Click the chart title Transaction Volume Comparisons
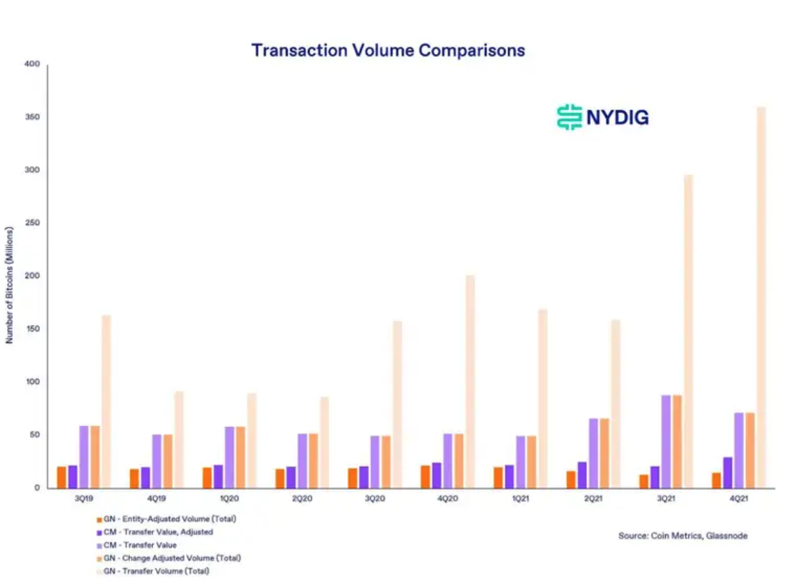click(388, 51)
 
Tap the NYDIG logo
click(602, 118)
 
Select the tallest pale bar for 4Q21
click(762, 297)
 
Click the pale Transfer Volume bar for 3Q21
click(688, 332)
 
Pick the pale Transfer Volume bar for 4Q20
click(470, 382)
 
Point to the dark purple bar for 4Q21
click(728, 472)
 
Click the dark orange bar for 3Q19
click(61, 478)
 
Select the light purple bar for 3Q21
click(666, 441)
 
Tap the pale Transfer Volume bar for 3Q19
click(106, 402)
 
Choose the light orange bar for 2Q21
click(604, 453)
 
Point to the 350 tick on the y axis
click(32, 117)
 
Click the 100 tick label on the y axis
click(32, 382)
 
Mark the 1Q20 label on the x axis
click(229, 499)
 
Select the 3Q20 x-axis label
click(375, 499)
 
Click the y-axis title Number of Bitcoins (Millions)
click(9, 285)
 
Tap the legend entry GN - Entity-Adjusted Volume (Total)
click(167, 519)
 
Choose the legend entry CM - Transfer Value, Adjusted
click(154, 533)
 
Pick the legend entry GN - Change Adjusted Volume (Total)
click(169, 558)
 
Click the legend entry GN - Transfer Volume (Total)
click(152, 571)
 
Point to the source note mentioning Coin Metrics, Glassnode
click(683, 536)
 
